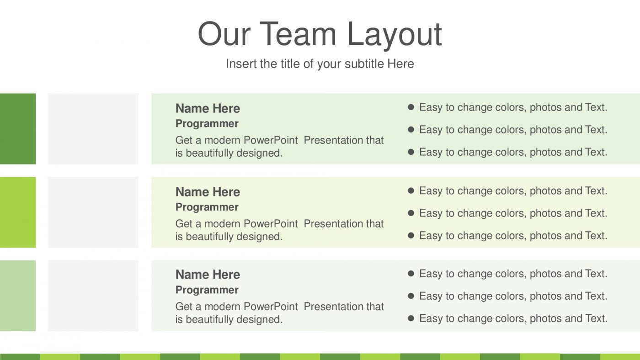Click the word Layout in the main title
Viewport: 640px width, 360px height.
click(x=394, y=34)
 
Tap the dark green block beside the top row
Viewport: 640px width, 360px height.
click(x=17, y=129)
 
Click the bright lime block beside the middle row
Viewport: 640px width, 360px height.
click(x=17, y=212)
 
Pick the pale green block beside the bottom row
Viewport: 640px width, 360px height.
click(x=17, y=296)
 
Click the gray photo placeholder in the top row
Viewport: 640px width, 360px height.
click(x=93, y=129)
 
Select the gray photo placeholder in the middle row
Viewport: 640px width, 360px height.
click(x=93, y=212)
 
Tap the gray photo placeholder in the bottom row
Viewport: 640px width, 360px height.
click(x=93, y=296)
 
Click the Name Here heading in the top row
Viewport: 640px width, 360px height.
click(x=208, y=108)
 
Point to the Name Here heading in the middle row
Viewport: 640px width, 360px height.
click(x=208, y=192)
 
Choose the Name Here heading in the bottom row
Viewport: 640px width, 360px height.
click(x=208, y=275)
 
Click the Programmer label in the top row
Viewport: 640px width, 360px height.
click(x=207, y=124)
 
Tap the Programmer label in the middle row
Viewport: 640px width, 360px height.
click(x=207, y=207)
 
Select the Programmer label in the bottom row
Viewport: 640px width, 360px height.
click(x=207, y=290)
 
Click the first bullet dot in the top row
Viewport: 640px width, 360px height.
click(x=411, y=107)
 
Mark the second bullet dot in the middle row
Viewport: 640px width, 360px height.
click(x=411, y=213)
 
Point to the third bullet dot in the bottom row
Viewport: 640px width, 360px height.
click(x=411, y=318)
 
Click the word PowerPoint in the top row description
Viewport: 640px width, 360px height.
click(x=271, y=140)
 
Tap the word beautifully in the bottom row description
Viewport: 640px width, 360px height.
click(x=209, y=319)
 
